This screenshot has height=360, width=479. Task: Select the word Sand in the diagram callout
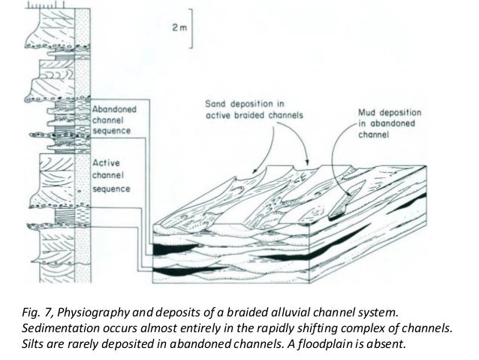click(217, 102)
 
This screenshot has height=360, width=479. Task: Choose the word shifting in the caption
click(318, 326)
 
